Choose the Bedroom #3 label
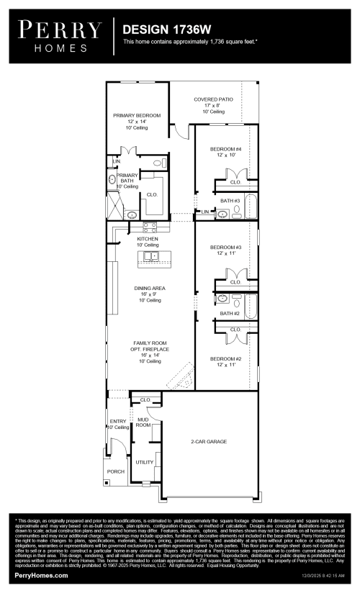click(x=225, y=250)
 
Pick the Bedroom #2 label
click(x=225, y=361)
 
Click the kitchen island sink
click(x=152, y=255)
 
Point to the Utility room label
click(x=145, y=462)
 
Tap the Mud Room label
click(x=144, y=422)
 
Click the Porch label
click(x=116, y=471)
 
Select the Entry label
click(x=117, y=424)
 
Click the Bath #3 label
click(x=230, y=201)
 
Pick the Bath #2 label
click(x=230, y=313)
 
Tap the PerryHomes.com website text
click(x=41, y=576)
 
